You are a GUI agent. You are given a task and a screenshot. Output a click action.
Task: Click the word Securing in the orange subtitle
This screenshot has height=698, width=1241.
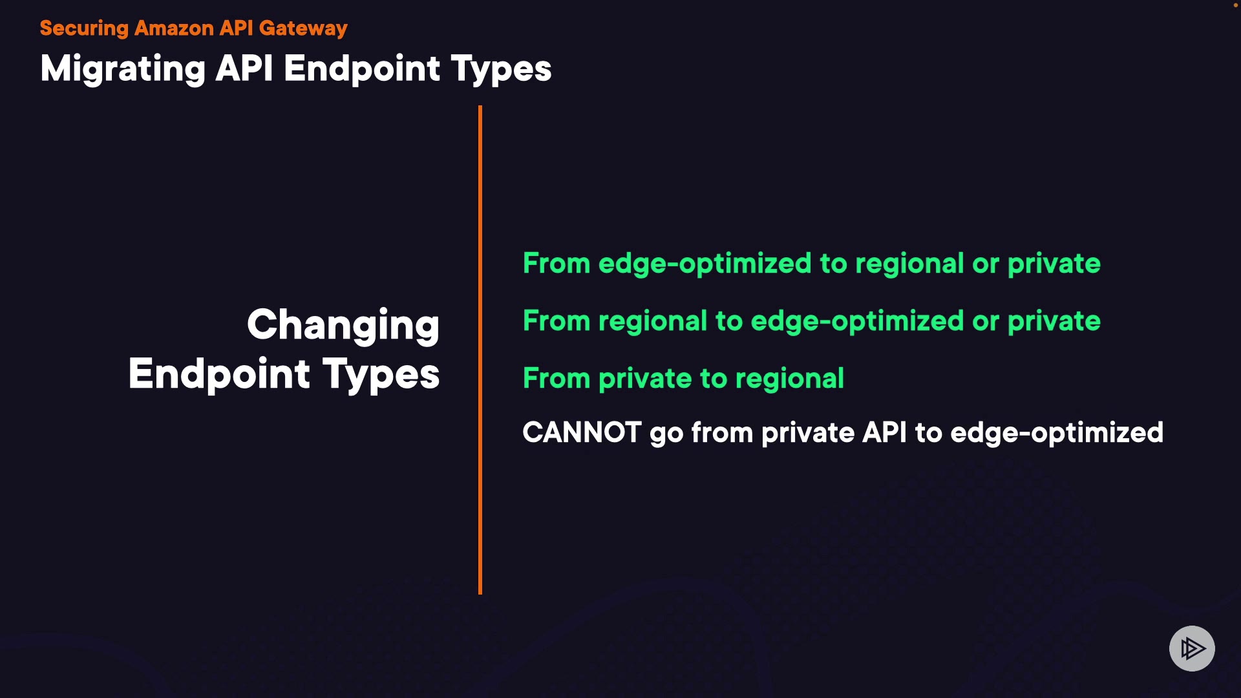click(85, 28)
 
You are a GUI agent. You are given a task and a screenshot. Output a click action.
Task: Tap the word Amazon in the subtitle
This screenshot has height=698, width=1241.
click(174, 28)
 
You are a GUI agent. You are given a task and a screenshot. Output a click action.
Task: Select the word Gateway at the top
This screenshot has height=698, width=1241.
click(303, 29)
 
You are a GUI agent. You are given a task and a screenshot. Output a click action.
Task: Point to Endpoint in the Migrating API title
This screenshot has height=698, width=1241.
click(362, 69)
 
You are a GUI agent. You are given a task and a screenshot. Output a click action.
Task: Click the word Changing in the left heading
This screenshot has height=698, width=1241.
click(343, 325)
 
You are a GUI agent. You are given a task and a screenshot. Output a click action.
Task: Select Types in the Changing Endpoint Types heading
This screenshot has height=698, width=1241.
click(381, 374)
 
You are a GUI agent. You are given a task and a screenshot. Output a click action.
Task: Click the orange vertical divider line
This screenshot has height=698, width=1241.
click(480, 350)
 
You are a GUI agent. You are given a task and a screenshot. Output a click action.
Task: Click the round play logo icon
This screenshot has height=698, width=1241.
click(1192, 648)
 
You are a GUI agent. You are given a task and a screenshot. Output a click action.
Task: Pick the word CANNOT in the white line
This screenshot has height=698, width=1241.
click(582, 432)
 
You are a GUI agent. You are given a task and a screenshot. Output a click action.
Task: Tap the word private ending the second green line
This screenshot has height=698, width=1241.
click(1054, 322)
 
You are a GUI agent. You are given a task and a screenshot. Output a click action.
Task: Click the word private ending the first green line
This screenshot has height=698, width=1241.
click(1054, 264)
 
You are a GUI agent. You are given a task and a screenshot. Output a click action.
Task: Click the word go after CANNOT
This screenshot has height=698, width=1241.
click(666, 435)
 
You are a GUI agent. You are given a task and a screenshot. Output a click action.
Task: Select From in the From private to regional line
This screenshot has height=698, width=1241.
click(557, 379)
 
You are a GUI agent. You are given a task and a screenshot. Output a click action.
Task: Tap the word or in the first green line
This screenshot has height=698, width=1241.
click(986, 265)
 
